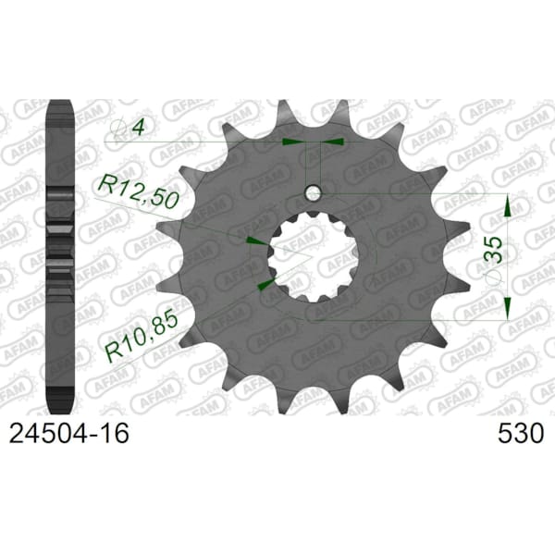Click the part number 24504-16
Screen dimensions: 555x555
(69, 434)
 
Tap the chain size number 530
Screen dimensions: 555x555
(520, 434)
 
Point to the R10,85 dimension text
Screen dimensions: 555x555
(142, 335)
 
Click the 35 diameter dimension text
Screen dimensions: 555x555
(494, 249)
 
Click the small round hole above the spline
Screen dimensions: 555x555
(313, 193)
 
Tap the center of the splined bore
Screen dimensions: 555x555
(314, 256)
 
